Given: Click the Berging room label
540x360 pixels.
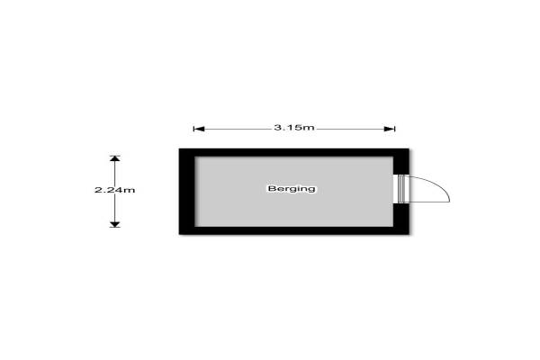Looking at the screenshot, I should [292, 189].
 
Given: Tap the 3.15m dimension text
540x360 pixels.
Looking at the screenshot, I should [294, 128].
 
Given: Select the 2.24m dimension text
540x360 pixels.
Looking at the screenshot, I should [114, 190].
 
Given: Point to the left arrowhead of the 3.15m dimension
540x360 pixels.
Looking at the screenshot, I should [197, 128].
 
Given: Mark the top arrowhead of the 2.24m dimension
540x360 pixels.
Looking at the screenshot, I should [114, 159].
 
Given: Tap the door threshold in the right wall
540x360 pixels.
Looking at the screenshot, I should [400, 189].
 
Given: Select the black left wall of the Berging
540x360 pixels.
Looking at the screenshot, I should [186, 192].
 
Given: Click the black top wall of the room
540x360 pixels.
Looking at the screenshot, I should [293, 152].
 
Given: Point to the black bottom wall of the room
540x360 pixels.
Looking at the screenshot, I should [293, 229].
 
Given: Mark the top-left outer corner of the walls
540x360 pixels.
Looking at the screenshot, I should [179, 148].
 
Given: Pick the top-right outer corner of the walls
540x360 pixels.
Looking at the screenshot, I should [409, 148].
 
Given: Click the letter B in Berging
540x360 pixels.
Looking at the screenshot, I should [270, 189].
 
